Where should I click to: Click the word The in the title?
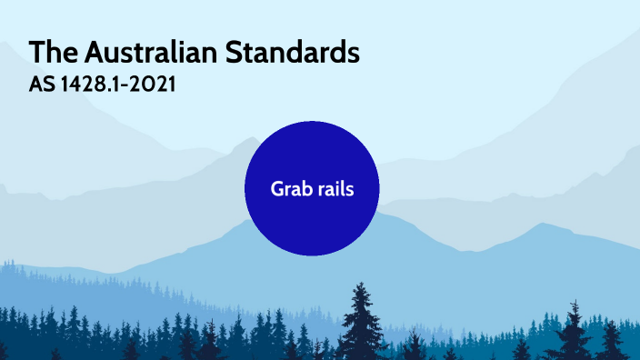[50, 53]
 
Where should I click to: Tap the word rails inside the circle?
[334, 189]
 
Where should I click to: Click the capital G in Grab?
[276, 189]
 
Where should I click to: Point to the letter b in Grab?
[304, 189]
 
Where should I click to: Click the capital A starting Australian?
[92, 53]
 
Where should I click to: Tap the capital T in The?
[35, 53]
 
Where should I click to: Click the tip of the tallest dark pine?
[363, 283]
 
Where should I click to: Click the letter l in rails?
[342, 188]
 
